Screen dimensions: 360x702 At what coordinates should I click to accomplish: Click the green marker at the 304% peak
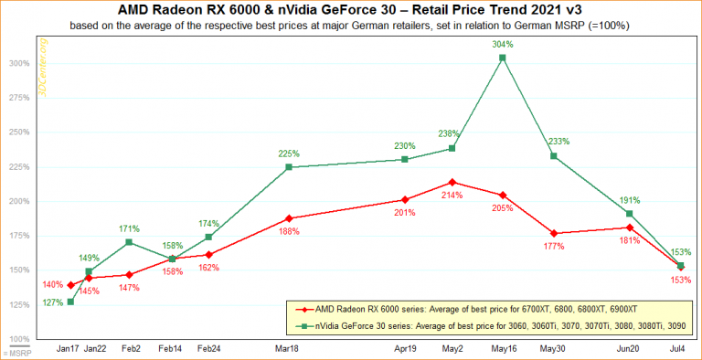(x=502, y=58)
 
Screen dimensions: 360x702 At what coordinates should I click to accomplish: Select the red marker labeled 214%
(x=452, y=182)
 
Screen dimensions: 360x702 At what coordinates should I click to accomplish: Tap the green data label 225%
(x=289, y=154)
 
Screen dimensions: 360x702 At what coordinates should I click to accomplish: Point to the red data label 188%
(x=289, y=232)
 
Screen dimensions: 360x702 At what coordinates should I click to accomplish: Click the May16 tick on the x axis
(x=502, y=349)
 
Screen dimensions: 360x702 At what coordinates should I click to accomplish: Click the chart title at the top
(x=350, y=10)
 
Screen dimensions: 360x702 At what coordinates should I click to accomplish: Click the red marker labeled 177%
(x=553, y=233)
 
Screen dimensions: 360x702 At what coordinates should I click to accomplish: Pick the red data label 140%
(x=51, y=285)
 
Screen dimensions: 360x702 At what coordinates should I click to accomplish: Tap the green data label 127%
(x=51, y=302)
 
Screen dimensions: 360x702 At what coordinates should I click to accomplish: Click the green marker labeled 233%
(x=553, y=156)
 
